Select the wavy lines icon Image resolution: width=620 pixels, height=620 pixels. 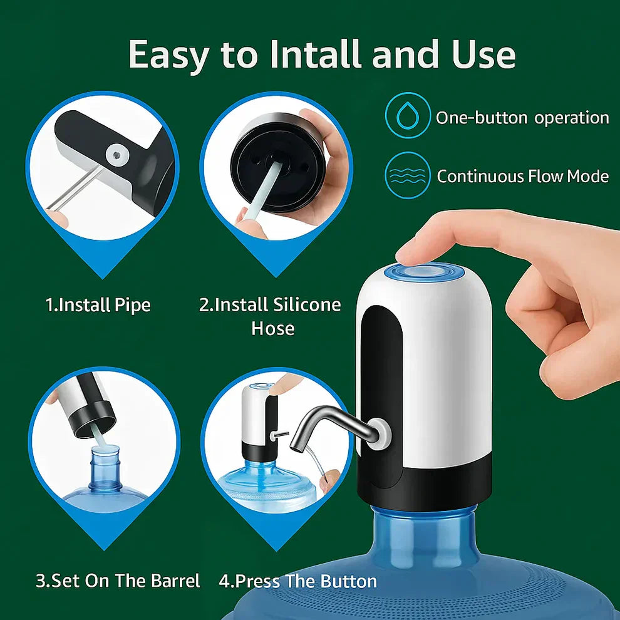[x=408, y=176]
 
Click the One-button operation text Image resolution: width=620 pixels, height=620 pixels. [x=522, y=118]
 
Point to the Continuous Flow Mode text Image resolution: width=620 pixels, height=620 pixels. [x=522, y=177]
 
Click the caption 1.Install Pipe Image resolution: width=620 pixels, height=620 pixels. [x=98, y=305]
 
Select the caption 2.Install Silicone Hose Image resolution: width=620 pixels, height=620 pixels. [x=271, y=316]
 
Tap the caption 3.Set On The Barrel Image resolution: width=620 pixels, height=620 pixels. [x=118, y=581]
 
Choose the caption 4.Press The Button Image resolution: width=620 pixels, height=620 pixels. [x=297, y=581]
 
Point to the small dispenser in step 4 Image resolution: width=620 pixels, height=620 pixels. [x=259, y=420]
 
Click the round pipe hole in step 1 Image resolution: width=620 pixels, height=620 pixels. [x=115, y=153]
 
